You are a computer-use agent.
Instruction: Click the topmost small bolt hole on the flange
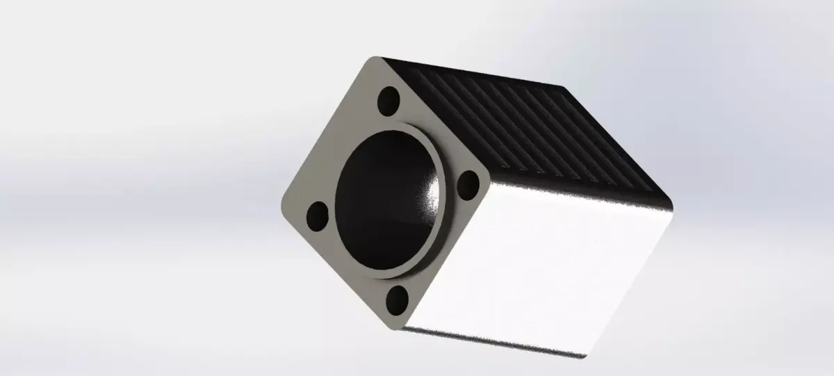pyautogui.click(x=389, y=101)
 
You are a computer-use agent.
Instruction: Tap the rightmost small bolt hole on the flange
pyautogui.click(x=469, y=185)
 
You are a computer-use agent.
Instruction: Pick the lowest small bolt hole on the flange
pyautogui.click(x=397, y=300)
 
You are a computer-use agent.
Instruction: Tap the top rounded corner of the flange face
pyautogui.click(x=376, y=61)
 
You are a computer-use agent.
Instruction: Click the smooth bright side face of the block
pyautogui.click(x=542, y=264)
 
